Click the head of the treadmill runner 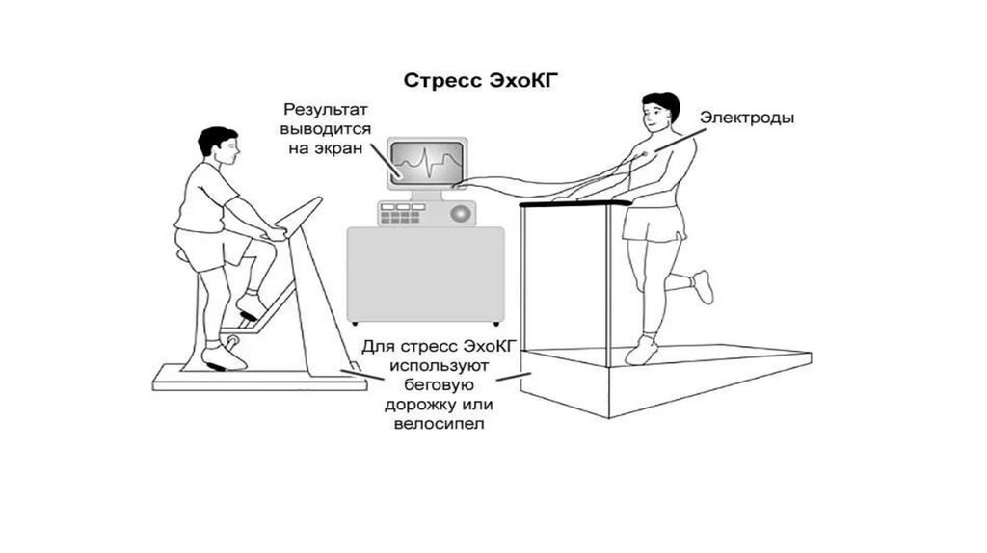[x=659, y=114]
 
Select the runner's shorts [x=654, y=224]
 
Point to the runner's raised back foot [x=703, y=285]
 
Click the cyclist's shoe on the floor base [x=224, y=357]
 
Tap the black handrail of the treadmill [x=574, y=203]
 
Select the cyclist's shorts [x=200, y=248]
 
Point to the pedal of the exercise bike [x=232, y=342]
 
